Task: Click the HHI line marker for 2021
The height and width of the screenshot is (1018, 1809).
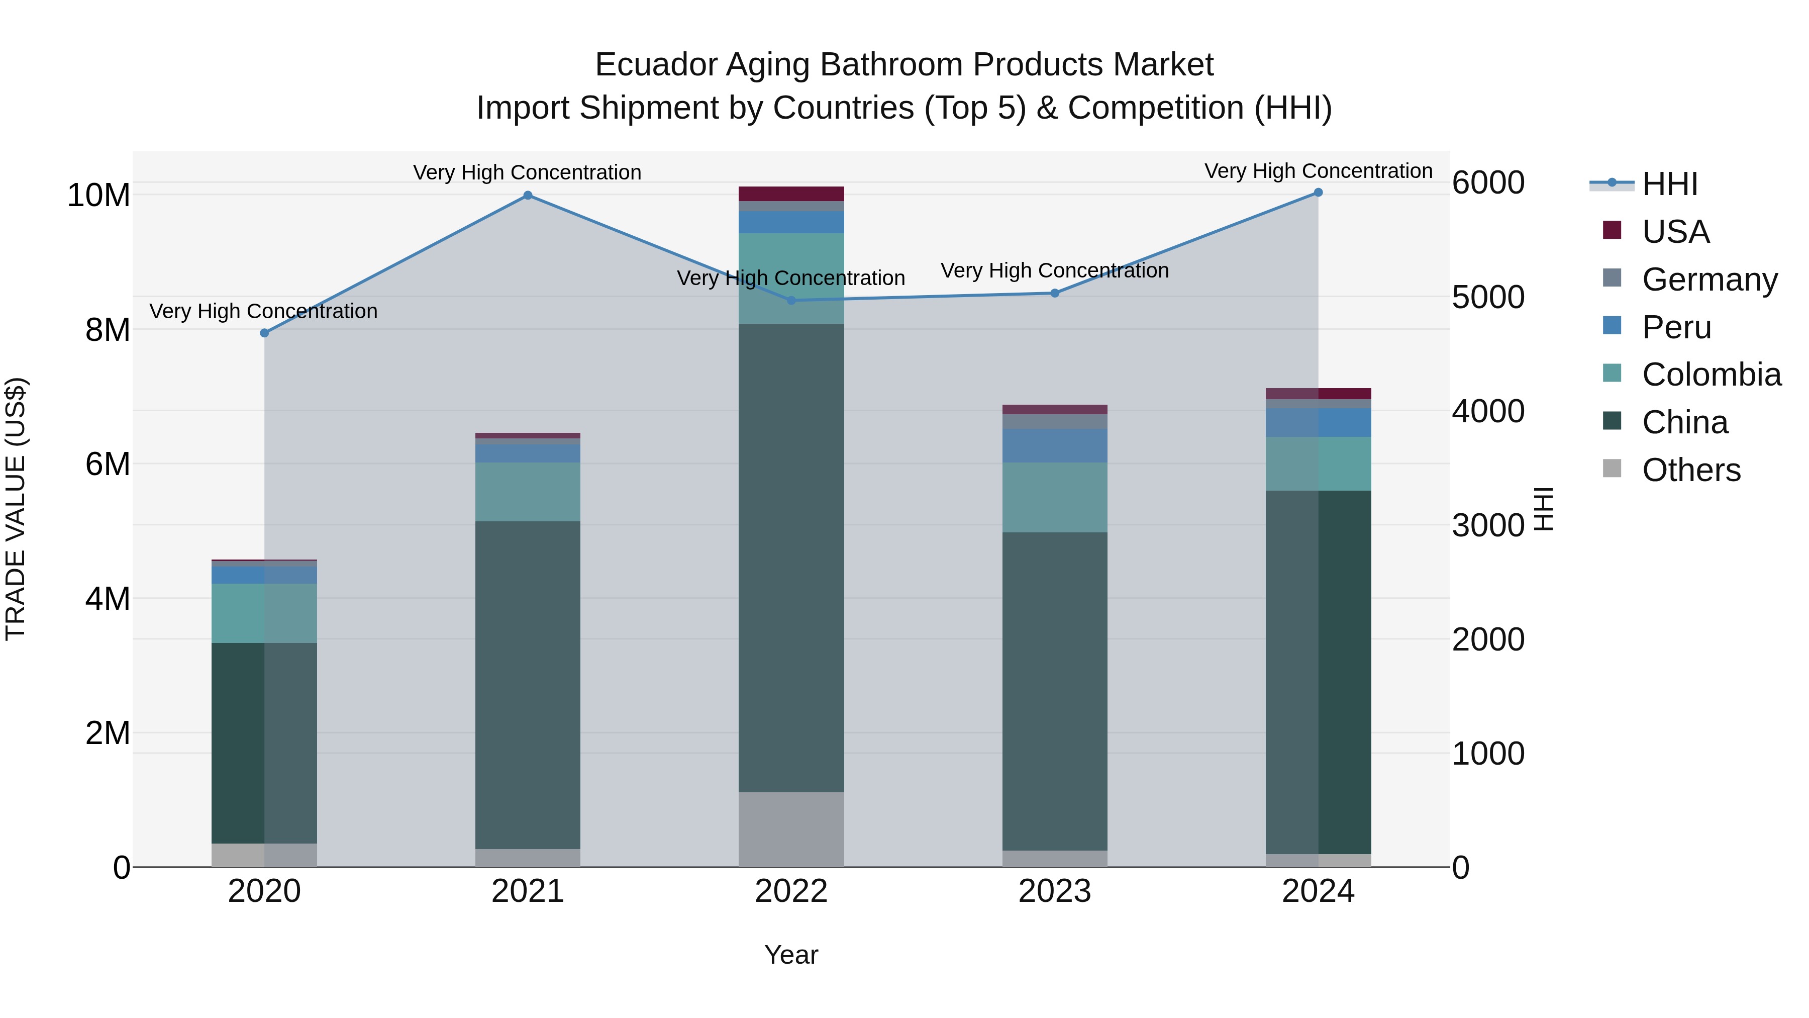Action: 528,196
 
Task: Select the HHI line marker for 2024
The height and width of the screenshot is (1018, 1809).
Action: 1318,193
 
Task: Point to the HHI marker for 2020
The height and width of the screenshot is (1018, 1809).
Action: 264,333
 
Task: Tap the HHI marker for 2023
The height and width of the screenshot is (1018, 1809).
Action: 1055,293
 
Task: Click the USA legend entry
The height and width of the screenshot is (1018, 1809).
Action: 1675,232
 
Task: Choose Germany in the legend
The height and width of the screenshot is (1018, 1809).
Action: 1710,280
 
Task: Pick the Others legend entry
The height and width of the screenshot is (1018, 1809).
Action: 1691,470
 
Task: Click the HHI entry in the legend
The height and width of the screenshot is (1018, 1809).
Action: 1669,184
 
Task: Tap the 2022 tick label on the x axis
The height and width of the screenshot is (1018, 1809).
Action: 791,891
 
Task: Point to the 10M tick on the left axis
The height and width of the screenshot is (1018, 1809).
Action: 98,196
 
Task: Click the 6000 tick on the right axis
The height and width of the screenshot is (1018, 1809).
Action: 1487,182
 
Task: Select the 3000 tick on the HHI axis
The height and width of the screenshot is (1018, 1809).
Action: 1487,525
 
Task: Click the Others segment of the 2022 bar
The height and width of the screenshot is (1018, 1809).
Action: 791,829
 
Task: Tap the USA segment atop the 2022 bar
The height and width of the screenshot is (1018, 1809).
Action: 791,194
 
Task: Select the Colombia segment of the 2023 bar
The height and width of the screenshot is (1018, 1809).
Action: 1055,497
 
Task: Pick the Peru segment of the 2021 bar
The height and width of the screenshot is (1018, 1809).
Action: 528,453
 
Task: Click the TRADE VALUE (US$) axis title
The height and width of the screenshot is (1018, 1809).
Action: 16,509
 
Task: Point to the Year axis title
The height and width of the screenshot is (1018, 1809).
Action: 791,955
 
